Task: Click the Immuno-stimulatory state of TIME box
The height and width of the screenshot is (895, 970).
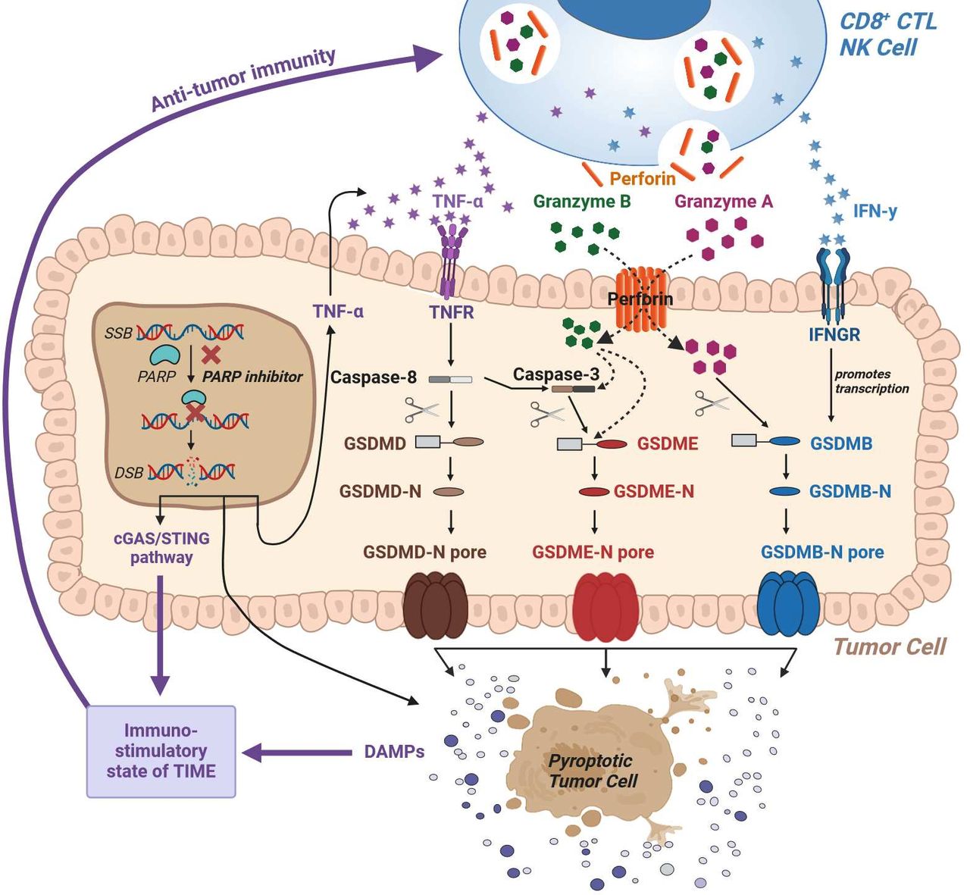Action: click(161, 751)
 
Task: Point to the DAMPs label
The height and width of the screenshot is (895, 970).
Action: click(393, 752)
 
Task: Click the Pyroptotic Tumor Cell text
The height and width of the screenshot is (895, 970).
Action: click(590, 771)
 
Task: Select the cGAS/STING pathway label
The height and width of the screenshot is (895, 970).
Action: click(161, 548)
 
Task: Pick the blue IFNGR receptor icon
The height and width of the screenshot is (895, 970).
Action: click(834, 280)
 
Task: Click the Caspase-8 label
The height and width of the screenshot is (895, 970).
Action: click(373, 377)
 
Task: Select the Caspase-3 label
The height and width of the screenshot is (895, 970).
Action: click(555, 374)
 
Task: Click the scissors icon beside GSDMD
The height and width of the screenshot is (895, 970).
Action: click(421, 410)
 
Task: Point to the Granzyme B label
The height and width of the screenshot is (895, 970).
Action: click(581, 202)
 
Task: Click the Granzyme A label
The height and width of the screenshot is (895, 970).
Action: click(723, 202)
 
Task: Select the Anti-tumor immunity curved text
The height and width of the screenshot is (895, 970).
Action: click(242, 79)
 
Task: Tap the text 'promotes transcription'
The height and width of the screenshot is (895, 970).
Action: click(871, 381)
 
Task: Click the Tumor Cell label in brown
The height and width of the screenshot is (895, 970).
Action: click(889, 646)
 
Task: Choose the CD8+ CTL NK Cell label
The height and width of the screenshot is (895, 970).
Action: click(887, 34)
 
